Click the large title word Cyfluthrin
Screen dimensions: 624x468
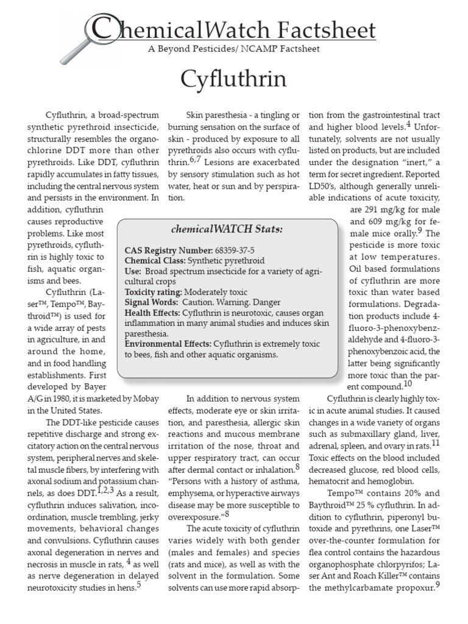click(x=234, y=79)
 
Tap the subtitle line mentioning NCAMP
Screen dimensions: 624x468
click(x=234, y=49)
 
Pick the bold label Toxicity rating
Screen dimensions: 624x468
click(x=153, y=292)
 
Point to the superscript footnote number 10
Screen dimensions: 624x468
click(x=408, y=385)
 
